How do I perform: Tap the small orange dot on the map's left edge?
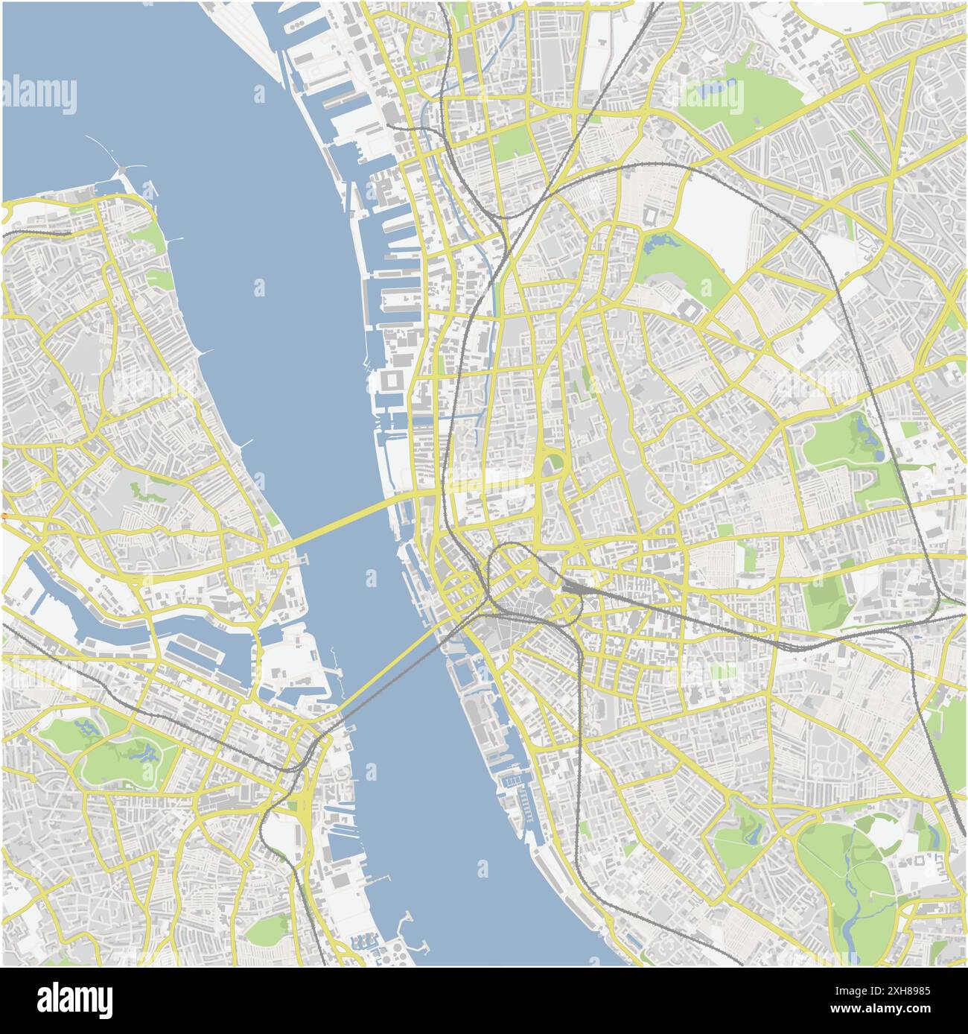tap(3, 516)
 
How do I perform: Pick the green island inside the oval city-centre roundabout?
tap(553, 463)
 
